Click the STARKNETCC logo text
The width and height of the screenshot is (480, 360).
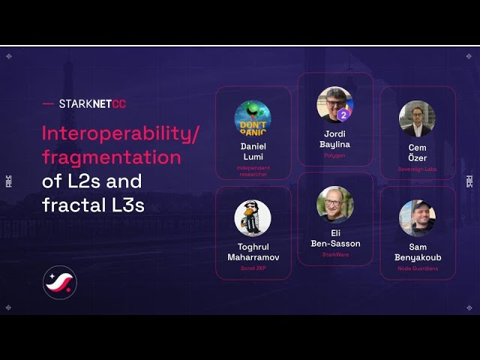coord(92,104)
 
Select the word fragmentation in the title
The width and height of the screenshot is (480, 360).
coord(112,157)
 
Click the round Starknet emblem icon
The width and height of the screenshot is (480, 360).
coord(59,283)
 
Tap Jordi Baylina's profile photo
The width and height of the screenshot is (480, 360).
coord(334,104)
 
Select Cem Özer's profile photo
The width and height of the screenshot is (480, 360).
coord(417,118)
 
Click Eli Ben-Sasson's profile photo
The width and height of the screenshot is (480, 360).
coord(334,204)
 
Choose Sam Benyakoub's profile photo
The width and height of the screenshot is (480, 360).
coord(417,218)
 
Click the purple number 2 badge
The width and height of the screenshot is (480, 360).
coord(343,115)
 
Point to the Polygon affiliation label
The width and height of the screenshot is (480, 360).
coord(334,156)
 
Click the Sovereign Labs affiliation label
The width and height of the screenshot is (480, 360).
coord(417,169)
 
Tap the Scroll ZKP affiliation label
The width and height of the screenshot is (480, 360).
coord(253,268)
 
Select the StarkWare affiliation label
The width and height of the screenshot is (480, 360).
coord(335,255)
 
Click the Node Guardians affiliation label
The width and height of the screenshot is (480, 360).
coord(418,268)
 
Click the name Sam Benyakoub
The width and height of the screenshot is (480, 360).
coord(418,252)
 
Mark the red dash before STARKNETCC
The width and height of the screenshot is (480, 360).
coord(48,104)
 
